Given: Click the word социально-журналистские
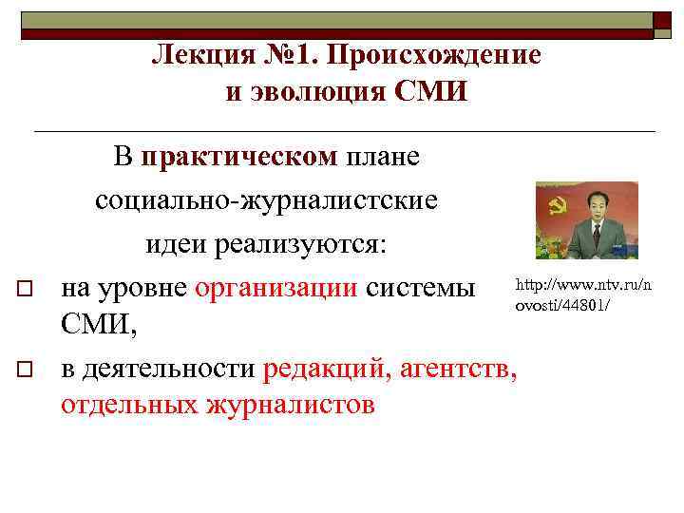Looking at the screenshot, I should pyautogui.click(x=265, y=201).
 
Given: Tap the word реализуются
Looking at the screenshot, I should pyautogui.click(x=301, y=244).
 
